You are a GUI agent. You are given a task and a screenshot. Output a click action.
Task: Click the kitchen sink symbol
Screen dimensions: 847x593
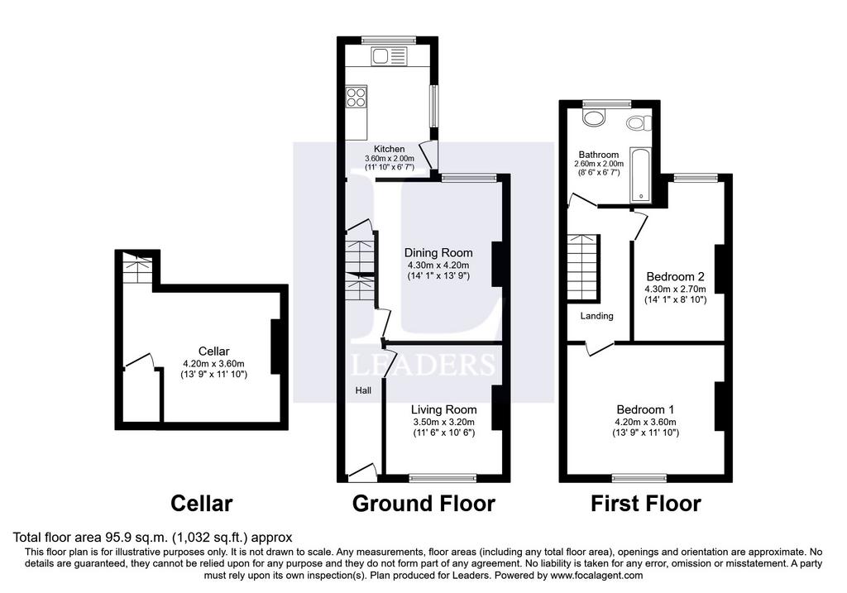click(389, 56)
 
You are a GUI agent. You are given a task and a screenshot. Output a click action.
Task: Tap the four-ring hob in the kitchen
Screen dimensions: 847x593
click(356, 98)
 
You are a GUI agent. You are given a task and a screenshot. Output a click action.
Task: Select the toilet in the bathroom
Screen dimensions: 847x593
click(639, 123)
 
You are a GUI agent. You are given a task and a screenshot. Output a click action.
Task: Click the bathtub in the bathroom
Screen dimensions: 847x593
click(641, 174)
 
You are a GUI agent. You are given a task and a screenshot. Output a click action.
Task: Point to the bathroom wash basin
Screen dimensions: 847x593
click(594, 117)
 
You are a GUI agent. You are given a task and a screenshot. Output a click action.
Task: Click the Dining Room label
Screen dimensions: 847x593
click(438, 253)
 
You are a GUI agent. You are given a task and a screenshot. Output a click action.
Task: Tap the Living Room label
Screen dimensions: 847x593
click(443, 410)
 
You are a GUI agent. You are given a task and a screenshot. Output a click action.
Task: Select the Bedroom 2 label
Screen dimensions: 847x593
click(675, 276)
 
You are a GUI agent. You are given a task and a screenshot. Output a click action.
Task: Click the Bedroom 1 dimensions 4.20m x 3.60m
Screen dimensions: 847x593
click(645, 422)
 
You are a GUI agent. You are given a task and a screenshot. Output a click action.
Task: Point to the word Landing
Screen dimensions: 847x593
click(597, 316)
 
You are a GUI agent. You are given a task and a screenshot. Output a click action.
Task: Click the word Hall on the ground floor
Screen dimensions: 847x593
click(363, 390)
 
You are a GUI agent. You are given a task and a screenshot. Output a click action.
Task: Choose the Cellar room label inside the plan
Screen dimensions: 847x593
click(214, 351)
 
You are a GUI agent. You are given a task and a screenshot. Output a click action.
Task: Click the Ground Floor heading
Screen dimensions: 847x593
click(423, 504)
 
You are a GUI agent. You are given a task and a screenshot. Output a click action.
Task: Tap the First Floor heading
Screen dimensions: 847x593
click(645, 504)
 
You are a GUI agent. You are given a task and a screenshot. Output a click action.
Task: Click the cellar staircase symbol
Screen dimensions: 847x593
click(138, 268)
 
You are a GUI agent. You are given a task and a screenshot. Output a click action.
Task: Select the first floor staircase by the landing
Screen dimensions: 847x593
click(583, 267)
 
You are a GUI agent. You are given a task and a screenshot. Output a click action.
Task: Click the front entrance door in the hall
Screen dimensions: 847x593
click(363, 471)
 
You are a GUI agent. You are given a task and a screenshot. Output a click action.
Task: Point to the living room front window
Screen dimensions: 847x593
click(443, 477)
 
